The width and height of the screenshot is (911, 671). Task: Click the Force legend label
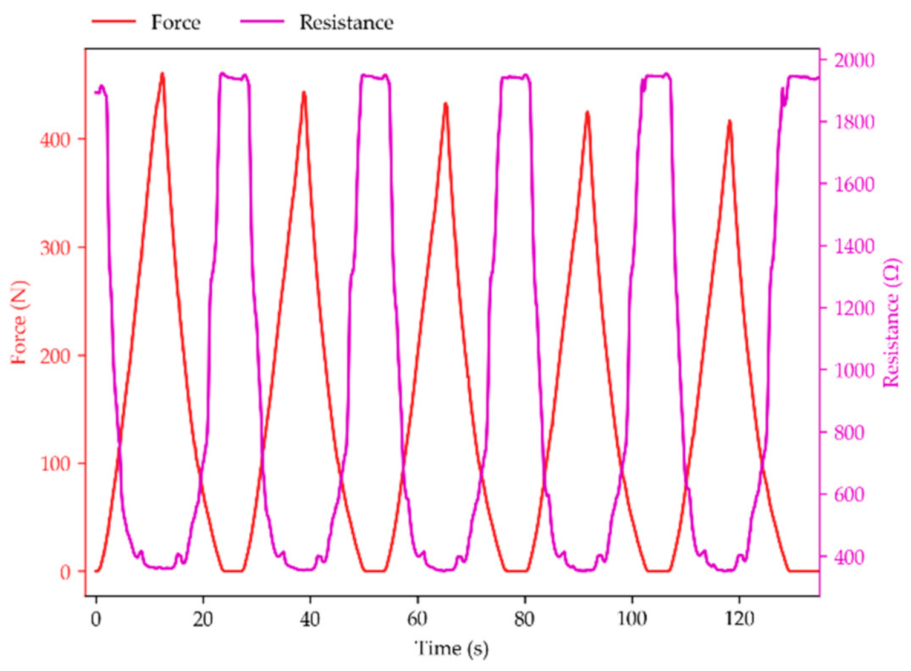(175, 23)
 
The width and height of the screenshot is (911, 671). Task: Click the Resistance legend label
(346, 23)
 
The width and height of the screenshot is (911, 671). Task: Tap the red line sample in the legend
(114, 22)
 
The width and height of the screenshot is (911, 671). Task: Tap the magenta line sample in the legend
(262, 22)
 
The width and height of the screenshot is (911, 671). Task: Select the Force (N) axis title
(19, 322)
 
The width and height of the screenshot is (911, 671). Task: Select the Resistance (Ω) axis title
(892, 322)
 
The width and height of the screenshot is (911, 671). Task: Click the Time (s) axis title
(451, 649)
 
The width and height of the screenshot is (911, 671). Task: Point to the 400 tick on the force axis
(55, 140)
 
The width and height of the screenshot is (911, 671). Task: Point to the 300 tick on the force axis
(55, 247)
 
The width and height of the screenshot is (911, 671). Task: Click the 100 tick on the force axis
(55, 463)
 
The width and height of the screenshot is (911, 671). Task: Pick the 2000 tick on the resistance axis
(854, 61)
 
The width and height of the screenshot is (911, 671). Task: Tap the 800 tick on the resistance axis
(849, 433)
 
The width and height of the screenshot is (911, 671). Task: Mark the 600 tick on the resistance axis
(849, 495)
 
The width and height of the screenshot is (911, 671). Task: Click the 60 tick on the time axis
(417, 619)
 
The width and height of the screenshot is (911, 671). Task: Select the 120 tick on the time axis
(739, 619)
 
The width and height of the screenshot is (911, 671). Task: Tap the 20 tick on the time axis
(203, 619)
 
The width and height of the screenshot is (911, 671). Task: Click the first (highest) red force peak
(162, 74)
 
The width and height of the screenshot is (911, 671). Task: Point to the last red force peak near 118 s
(730, 122)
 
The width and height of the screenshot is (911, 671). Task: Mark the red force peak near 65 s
(446, 104)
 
